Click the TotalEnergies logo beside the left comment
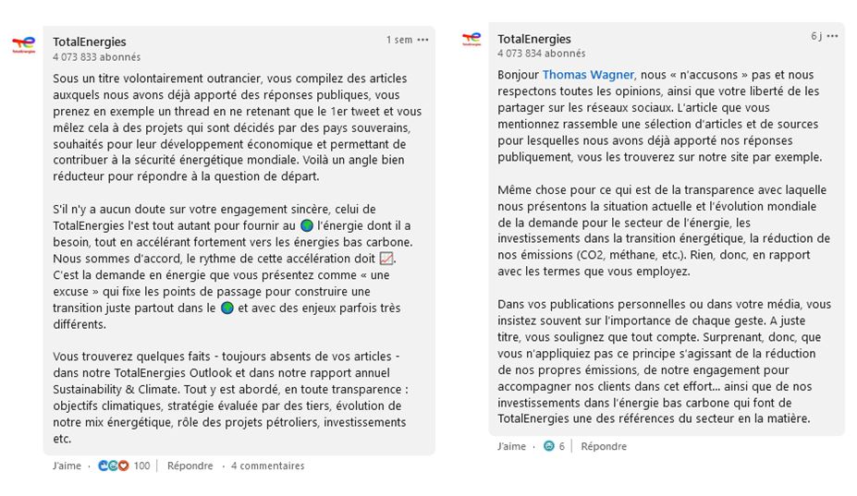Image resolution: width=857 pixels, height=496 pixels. (x=24, y=44)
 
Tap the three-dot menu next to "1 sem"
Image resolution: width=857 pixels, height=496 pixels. (x=422, y=40)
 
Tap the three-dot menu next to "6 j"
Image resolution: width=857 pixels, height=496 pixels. (x=832, y=36)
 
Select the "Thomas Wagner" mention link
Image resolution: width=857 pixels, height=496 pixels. (x=588, y=75)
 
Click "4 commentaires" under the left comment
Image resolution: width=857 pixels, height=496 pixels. (x=267, y=466)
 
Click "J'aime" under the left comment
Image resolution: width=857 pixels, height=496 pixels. (x=67, y=466)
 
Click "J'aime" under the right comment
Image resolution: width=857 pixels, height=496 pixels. (x=511, y=446)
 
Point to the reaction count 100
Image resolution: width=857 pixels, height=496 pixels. (x=141, y=466)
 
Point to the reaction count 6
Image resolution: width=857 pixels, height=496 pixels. (x=561, y=446)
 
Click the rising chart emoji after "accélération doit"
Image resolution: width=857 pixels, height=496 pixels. (x=386, y=259)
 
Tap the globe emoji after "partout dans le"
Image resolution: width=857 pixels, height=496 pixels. (x=226, y=308)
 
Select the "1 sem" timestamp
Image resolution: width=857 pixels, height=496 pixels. (x=399, y=40)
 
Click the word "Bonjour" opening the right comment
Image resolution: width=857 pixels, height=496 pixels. (x=518, y=75)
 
